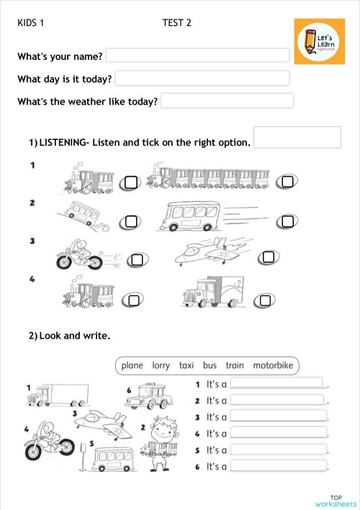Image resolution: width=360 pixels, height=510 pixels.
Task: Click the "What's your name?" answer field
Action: coord(197,55)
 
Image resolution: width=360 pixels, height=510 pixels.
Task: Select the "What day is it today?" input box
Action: coord(202,78)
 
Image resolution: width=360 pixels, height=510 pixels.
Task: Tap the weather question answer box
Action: coord(227,100)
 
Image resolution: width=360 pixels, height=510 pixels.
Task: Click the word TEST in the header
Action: coord(173,23)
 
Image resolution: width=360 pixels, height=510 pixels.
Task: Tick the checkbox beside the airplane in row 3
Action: coord(268,257)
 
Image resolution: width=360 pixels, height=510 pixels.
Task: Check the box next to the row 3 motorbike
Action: coord(137,259)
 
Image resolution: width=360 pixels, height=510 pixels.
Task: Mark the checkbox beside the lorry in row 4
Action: coord(265,300)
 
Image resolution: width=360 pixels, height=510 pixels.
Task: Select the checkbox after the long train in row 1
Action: coord(287,182)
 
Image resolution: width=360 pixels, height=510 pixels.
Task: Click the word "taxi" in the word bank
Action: coord(186,365)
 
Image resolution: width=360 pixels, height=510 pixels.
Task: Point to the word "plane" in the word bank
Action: coord(132,365)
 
